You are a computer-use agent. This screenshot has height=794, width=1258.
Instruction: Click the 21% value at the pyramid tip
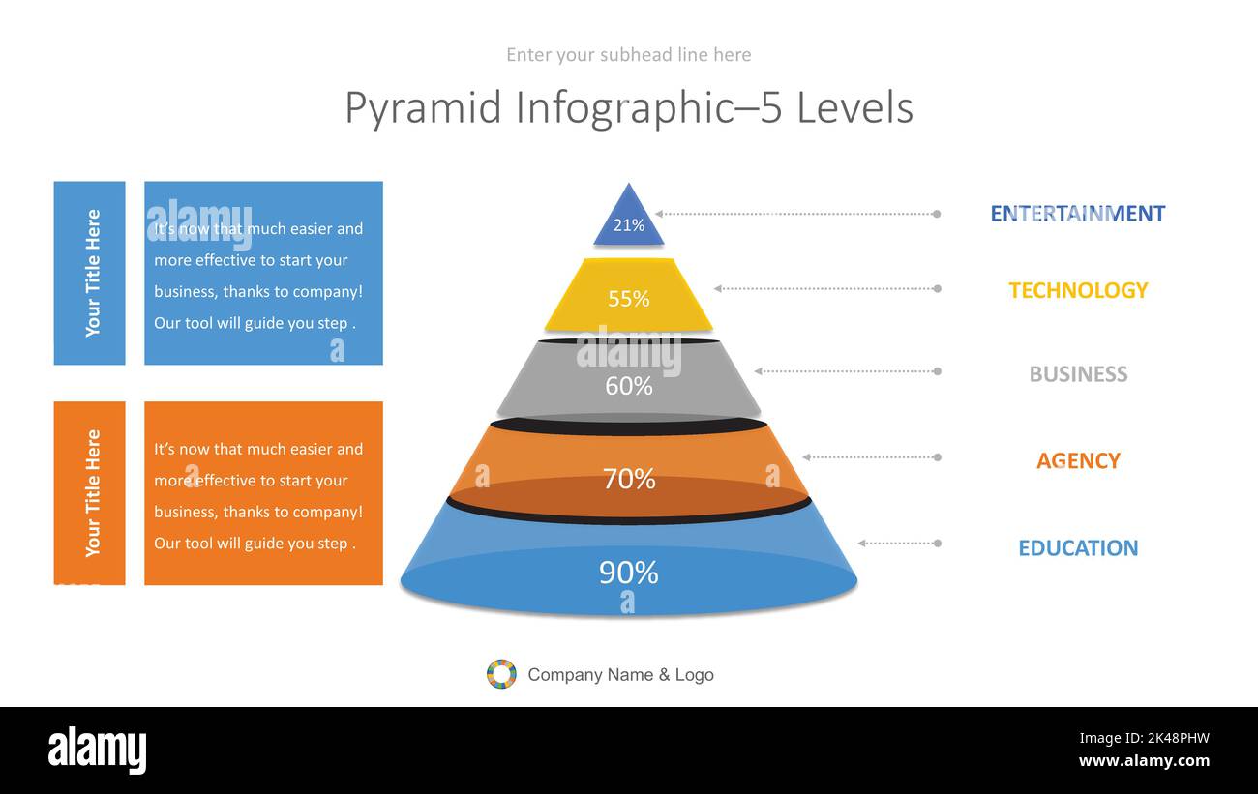click(628, 225)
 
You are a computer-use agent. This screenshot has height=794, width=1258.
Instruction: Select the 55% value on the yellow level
click(628, 299)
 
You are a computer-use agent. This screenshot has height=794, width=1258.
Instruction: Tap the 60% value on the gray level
click(628, 386)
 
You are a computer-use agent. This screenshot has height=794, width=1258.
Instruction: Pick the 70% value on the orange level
click(628, 479)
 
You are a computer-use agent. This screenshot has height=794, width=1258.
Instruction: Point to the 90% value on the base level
click(628, 573)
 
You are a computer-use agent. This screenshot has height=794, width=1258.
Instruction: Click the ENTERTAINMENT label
click(1077, 214)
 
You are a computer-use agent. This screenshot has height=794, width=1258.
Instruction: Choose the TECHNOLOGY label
click(1077, 290)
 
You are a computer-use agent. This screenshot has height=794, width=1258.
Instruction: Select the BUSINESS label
click(1077, 374)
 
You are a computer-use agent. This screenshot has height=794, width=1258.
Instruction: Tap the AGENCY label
click(1077, 461)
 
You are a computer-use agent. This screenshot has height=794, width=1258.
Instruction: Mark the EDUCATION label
click(1077, 548)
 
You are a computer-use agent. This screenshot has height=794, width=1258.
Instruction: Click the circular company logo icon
click(501, 674)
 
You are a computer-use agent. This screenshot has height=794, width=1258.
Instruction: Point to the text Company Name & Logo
click(620, 675)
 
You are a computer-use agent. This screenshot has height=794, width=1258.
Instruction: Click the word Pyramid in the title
click(423, 108)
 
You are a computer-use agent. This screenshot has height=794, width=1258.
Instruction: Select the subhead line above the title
click(628, 55)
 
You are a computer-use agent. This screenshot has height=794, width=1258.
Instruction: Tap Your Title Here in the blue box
click(92, 273)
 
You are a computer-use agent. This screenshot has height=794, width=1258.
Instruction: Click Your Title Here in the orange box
click(92, 493)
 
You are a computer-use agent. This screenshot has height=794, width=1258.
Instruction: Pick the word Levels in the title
click(854, 108)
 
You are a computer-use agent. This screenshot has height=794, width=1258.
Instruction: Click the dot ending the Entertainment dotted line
click(937, 214)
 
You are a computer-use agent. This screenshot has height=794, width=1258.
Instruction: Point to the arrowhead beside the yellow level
click(717, 288)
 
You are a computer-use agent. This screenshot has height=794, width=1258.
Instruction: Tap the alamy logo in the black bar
click(97, 750)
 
